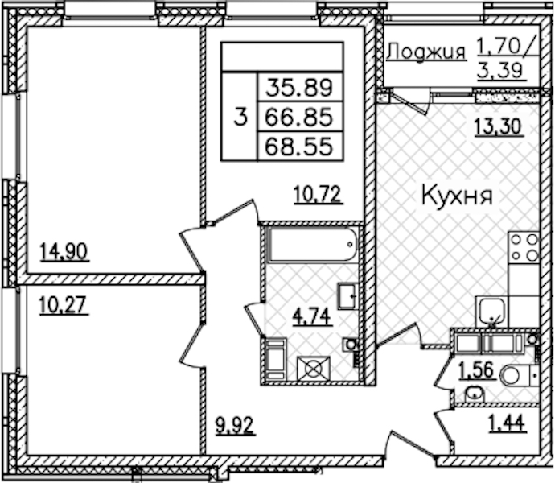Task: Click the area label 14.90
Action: coord(64,252)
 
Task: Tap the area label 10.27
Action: coord(63,305)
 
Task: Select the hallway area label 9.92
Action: coord(236,425)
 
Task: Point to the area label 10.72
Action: coord(319,195)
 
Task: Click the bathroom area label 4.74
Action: coord(312,316)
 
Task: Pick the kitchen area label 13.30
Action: coord(499,126)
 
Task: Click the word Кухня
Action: coord(458,196)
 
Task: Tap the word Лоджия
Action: coord(426,52)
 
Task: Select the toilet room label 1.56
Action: coord(475,371)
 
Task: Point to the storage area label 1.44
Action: coord(508,423)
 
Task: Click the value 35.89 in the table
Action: coord(299,88)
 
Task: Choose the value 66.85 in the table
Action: coord(299,118)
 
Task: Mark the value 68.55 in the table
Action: coord(299,147)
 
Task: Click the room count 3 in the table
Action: coord(240,118)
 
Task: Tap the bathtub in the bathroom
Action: coord(312,245)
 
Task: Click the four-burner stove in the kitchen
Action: coord(524,247)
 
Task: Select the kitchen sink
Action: coord(491,312)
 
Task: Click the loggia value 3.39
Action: coord(499,71)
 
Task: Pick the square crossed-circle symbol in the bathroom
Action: coord(313,369)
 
